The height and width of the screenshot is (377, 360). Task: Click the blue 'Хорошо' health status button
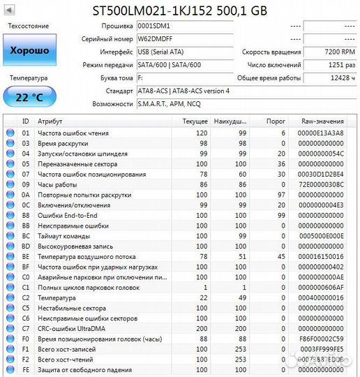click(x=29, y=51)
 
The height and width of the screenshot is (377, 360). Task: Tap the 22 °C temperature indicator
click(x=29, y=96)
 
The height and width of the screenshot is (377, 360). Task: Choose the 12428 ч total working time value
click(x=332, y=77)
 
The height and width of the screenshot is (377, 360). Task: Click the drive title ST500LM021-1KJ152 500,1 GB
click(x=180, y=10)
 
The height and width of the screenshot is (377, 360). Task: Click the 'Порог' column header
click(x=277, y=121)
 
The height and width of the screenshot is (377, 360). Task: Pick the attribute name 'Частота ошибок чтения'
click(x=73, y=133)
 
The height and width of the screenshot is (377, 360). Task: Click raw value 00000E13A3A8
click(x=320, y=133)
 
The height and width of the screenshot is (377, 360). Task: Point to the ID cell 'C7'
click(x=26, y=327)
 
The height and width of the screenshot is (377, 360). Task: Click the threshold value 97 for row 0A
click(x=281, y=195)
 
